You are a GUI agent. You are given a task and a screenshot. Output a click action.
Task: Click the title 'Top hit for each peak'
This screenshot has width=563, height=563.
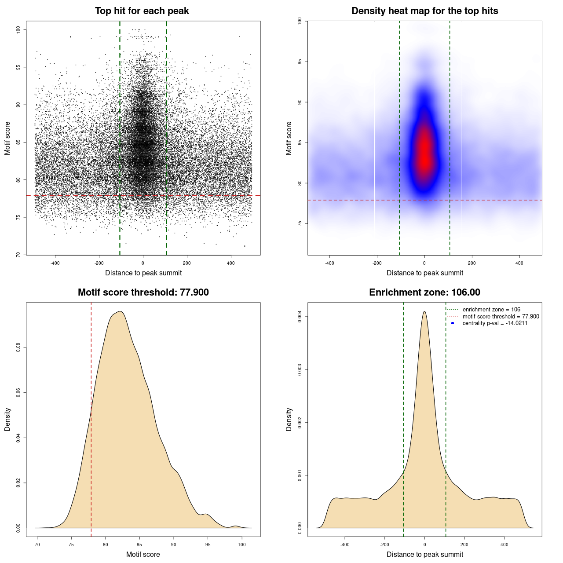tap(142, 11)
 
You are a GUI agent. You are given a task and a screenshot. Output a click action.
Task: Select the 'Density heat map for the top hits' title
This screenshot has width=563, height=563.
tap(424, 11)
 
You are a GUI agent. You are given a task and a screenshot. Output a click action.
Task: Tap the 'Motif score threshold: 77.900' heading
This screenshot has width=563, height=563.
tap(143, 292)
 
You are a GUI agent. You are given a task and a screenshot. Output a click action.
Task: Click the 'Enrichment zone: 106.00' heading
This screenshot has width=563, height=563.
tap(424, 292)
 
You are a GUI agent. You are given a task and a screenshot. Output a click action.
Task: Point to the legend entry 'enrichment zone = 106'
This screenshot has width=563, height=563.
tap(491, 310)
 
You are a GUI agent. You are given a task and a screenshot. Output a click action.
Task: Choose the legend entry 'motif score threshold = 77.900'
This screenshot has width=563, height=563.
tap(501, 316)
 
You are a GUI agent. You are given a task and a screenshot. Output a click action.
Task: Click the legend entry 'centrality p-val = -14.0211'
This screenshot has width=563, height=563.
tap(495, 323)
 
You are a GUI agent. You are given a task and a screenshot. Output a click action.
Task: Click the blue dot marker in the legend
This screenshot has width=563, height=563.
tap(453, 323)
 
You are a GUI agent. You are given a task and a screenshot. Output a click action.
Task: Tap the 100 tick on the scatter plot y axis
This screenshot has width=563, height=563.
tap(18, 29)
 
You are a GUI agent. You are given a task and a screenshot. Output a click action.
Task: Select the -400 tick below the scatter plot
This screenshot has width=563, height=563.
tap(55, 263)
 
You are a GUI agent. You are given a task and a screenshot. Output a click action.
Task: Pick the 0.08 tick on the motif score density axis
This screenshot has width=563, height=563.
tap(18, 348)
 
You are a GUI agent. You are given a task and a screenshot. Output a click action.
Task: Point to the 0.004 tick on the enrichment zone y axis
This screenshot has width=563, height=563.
tap(300, 317)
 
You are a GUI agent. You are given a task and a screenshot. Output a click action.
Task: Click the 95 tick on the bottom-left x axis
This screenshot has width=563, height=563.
tap(208, 545)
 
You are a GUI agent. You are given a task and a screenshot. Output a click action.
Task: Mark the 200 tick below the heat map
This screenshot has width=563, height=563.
tap(472, 263)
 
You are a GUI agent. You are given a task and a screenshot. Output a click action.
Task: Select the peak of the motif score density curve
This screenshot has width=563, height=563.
tap(120, 311)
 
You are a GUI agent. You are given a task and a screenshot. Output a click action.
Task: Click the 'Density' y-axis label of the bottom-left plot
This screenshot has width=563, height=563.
tap(7, 419)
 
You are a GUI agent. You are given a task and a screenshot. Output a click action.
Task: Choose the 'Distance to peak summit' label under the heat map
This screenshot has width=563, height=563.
tap(424, 273)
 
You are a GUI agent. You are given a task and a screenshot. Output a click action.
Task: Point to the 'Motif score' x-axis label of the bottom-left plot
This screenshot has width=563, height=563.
tap(143, 554)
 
